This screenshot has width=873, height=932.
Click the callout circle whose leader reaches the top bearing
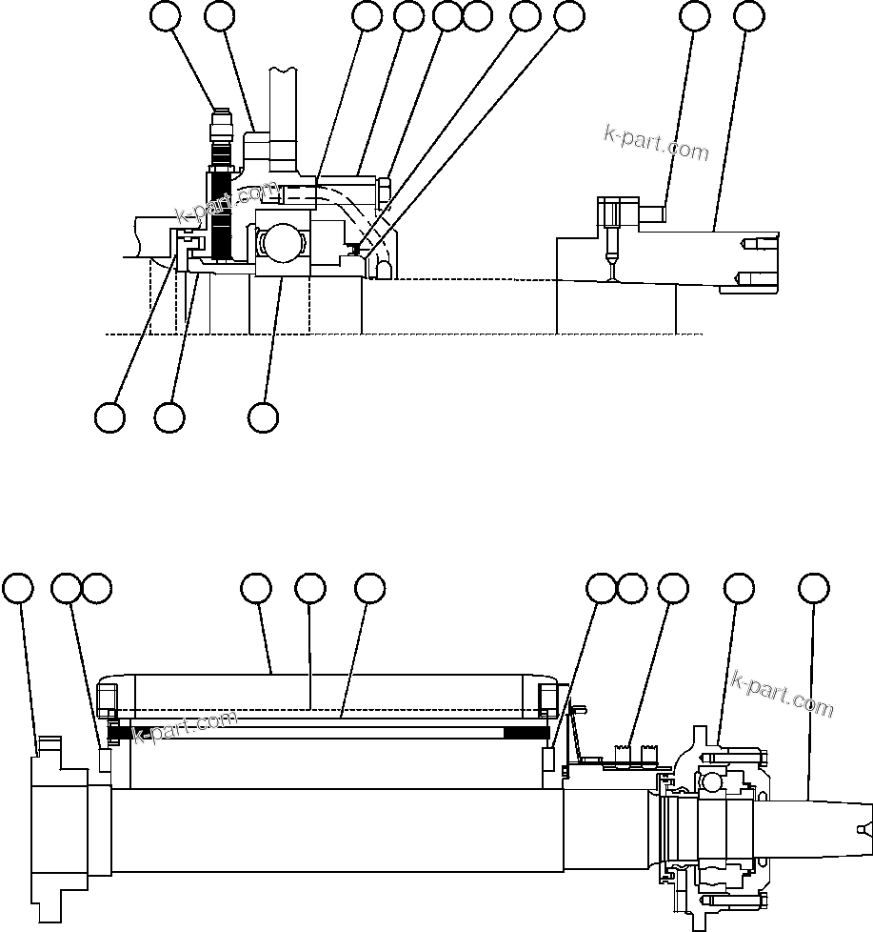click(263, 416)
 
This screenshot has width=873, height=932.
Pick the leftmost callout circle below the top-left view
click(110, 416)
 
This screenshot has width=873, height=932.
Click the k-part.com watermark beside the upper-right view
click(656, 144)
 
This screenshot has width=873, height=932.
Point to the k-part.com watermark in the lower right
click(782, 694)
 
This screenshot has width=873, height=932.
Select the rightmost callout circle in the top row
click(749, 16)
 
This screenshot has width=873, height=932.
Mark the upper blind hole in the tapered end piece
click(753, 244)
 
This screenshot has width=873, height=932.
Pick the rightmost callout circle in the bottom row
click(812, 588)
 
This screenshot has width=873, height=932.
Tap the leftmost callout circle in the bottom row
click(18, 588)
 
